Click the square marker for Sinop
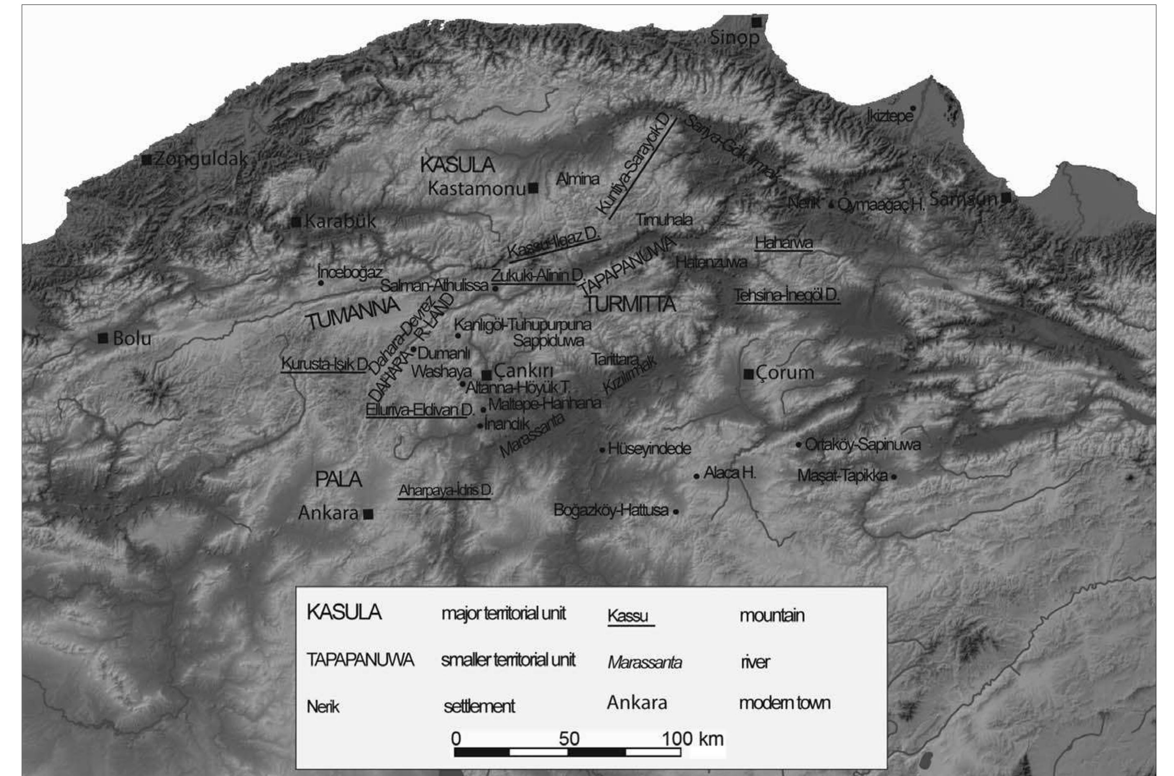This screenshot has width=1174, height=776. pyautogui.click(x=756, y=22)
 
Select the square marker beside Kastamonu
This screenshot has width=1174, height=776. pyautogui.click(x=533, y=188)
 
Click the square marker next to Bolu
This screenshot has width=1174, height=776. pyautogui.click(x=103, y=339)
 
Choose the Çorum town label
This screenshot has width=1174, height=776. pyautogui.click(x=784, y=373)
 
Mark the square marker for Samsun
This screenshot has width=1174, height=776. pyautogui.click(x=1006, y=198)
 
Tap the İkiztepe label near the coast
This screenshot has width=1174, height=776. pyautogui.click(x=889, y=116)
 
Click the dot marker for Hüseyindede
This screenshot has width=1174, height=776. pyautogui.click(x=602, y=450)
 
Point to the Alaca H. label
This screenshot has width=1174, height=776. pyautogui.click(x=729, y=473)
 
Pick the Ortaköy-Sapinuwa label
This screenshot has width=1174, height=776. pyautogui.click(x=863, y=444)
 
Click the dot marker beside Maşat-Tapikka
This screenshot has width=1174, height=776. pyautogui.click(x=894, y=477)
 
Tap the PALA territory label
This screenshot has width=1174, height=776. pyautogui.click(x=339, y=479)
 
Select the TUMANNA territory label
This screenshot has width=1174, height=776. pyautogui.click(x=353, y=314)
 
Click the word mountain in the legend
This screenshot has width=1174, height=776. pyautogui.click(x=772, y=616)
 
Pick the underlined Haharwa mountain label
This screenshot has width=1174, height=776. pyautogui.click(x=784, y=243)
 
